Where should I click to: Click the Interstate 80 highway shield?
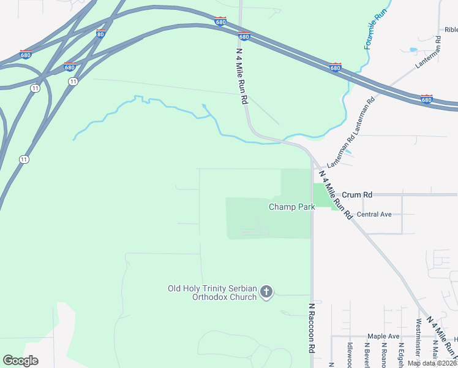(x=100, y=34)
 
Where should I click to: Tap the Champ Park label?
(x=291, y=207)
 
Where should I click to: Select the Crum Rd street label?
(x=357, y=194)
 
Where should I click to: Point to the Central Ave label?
(x=374, y=215)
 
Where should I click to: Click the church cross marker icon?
(x=266, y=292)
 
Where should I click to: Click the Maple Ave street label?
(x=383, y=336)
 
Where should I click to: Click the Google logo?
(x=20, y=361)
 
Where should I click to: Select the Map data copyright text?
(x=432, y=363)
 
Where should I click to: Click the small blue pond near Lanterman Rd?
(x=413, y=50)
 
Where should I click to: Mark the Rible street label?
(x=451, y=29)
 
